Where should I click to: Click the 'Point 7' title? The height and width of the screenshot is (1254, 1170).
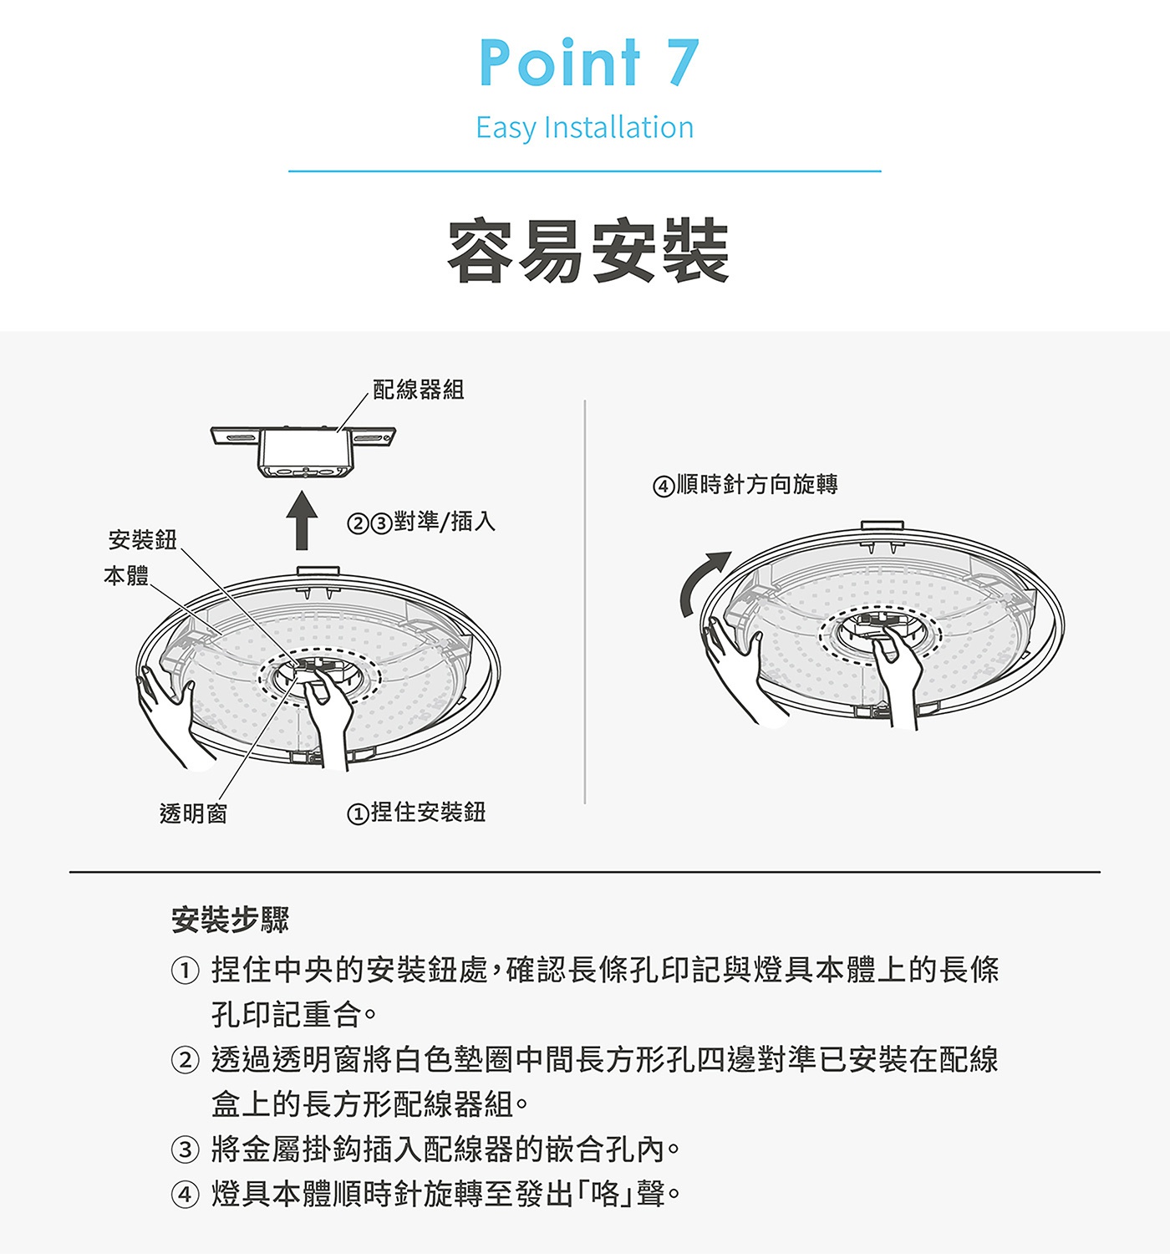point(588,63)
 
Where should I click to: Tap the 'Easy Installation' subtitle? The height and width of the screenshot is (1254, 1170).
point(584,128)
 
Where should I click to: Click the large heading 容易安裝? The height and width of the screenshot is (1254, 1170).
point(588,252)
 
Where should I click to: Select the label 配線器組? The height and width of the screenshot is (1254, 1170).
point(418,390)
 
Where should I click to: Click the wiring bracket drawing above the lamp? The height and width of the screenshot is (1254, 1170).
point(303,452)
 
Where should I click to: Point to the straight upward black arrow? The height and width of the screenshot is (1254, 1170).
point(302,521)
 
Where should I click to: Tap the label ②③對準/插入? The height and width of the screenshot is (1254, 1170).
point(421,522)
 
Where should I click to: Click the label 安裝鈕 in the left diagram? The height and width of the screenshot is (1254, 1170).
point(143,540)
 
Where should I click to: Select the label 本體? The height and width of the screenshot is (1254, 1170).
point(126,576)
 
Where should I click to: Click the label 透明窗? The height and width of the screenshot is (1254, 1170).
point(193,813)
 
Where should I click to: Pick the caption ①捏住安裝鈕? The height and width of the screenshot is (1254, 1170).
point(416,812)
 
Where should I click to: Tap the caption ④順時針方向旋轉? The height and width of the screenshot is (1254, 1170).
point(745,485)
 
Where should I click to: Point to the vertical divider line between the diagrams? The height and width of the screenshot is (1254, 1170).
point(585,602)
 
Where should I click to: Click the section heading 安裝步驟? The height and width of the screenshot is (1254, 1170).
point(230,920)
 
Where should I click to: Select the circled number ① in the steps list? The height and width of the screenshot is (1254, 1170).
point(185,971)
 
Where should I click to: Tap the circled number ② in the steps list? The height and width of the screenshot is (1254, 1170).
point(185,1060)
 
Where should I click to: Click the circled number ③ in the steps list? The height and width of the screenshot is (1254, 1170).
point(185,1149)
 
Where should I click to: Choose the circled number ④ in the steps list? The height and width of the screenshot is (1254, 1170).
point(185,1194)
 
